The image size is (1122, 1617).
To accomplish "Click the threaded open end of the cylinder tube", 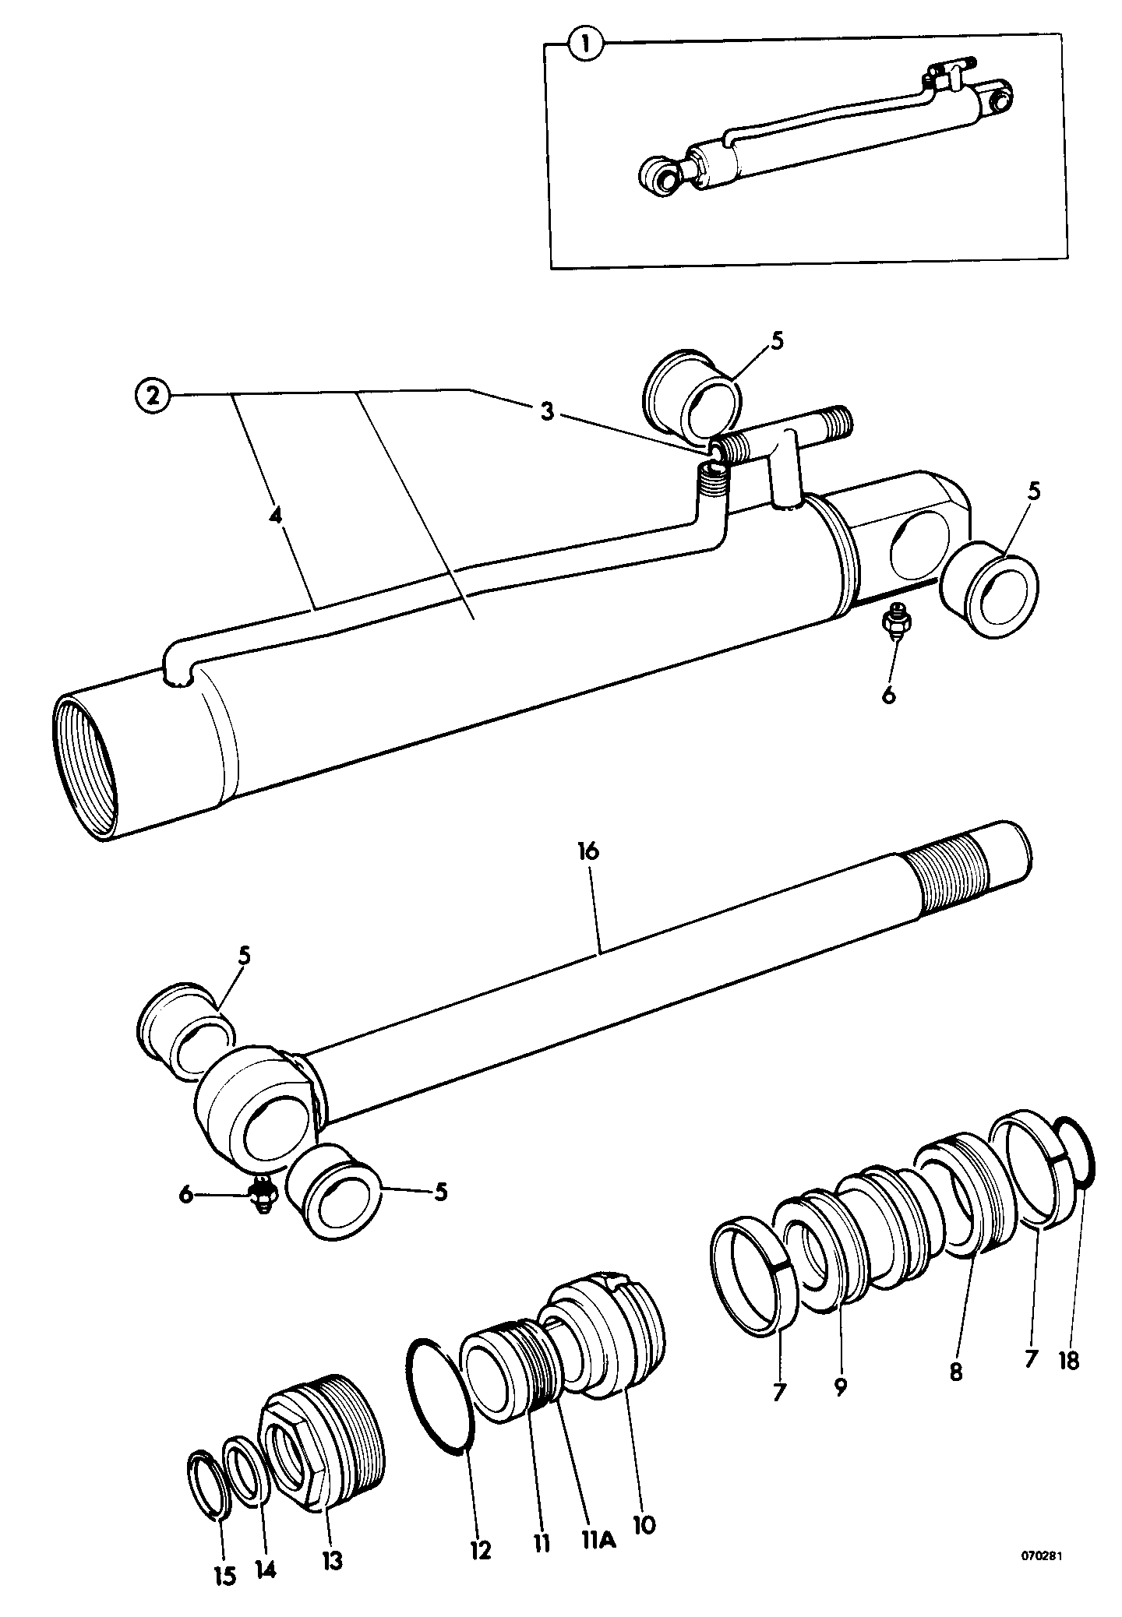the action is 86,767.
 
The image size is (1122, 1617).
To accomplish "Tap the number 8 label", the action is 956,1371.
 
